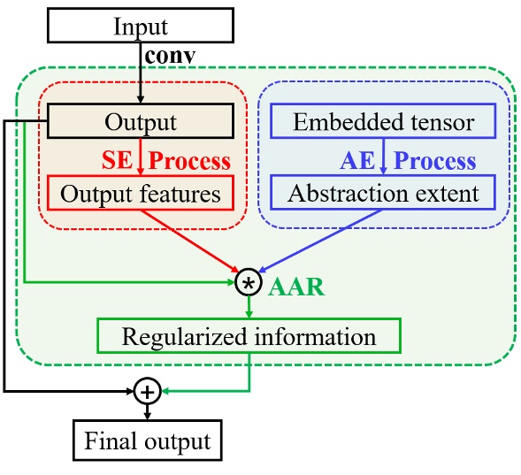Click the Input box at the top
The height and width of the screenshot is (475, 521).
pyautogui.click(x=141, y=27)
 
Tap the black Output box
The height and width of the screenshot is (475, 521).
pyautogui.click(x=140, y=121)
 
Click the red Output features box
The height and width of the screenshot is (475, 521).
pyautogui.click(x=140, y=192)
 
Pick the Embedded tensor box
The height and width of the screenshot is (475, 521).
pyautogui.click(x=383, y=121)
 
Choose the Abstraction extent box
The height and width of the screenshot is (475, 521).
pyautogui.click(x=383, y=192)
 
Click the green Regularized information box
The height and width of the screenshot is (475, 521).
pyautogui.click(x=249, y=336)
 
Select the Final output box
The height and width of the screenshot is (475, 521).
pyautogui.click(x=147, y=440)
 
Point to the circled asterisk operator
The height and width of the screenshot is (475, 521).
pyautogui.click(x=249, y=282)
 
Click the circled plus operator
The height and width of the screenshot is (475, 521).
pyautogui.click(x=147, y=389)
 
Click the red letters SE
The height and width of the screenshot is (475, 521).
pyautogui.click(x=119, y=160)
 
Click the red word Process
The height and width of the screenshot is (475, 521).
pyautogui.click(x=188, y=160)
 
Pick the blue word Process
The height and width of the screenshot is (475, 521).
pyautogui.click(x=434, y=160)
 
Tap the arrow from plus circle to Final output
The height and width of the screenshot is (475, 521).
pyautogui.click(x=147, y=411)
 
